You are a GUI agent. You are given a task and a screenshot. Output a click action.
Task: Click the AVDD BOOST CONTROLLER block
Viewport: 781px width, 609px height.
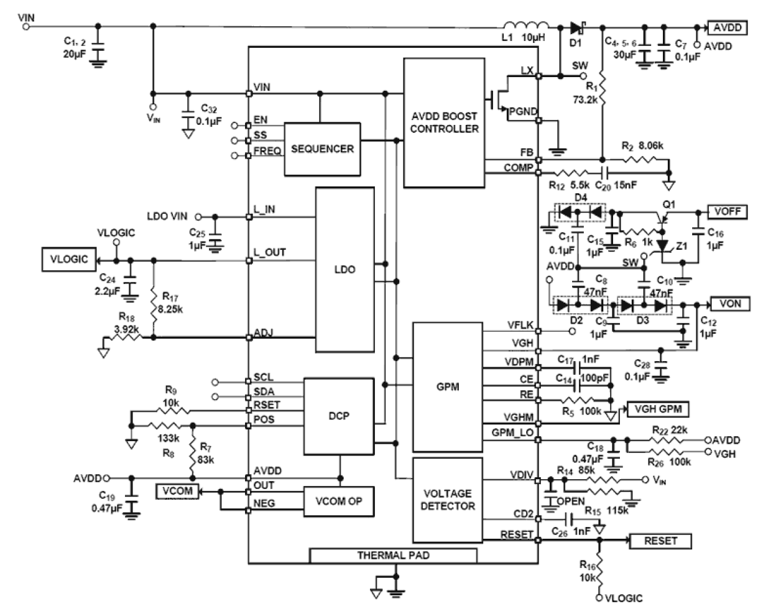coord(444,122)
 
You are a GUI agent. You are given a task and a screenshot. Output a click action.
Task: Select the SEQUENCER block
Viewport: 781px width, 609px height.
coord(322,149)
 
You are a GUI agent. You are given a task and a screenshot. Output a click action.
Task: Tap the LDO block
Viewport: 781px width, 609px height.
coord(345,270)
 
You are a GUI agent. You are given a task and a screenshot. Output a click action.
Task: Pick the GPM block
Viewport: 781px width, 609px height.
coord(448,387)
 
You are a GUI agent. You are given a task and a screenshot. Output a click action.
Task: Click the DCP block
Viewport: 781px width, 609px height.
coord(339,416)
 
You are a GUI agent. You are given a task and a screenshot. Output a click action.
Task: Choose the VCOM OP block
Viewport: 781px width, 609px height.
coord(339,501)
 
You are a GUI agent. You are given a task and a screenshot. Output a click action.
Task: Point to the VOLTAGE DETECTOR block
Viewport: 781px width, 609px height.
coord(448,500)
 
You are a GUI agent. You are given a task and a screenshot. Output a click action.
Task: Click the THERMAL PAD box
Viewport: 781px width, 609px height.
coord(393,555)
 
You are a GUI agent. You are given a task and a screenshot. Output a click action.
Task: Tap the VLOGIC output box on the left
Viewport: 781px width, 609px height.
coord(69,259)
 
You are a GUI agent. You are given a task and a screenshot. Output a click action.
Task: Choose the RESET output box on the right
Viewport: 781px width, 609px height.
coord(660,541)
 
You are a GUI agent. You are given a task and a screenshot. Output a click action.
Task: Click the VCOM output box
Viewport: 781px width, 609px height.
coord(177,491)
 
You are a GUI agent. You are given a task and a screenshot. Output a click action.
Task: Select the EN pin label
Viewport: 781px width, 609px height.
coord(260,121)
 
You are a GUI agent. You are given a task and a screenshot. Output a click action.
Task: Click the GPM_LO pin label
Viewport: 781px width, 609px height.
coord(512,433)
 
